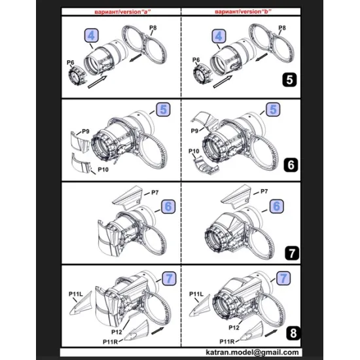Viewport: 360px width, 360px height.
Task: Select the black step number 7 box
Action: tap(289, 250)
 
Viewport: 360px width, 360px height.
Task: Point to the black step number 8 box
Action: tap(289, 332)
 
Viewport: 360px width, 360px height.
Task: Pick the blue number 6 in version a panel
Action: tap(168, 206)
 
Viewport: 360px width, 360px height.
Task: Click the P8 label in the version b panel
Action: tap(282, 28)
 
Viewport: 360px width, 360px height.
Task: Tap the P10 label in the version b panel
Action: tap(192, 151)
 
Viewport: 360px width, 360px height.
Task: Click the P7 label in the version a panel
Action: tap(155, 192)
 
